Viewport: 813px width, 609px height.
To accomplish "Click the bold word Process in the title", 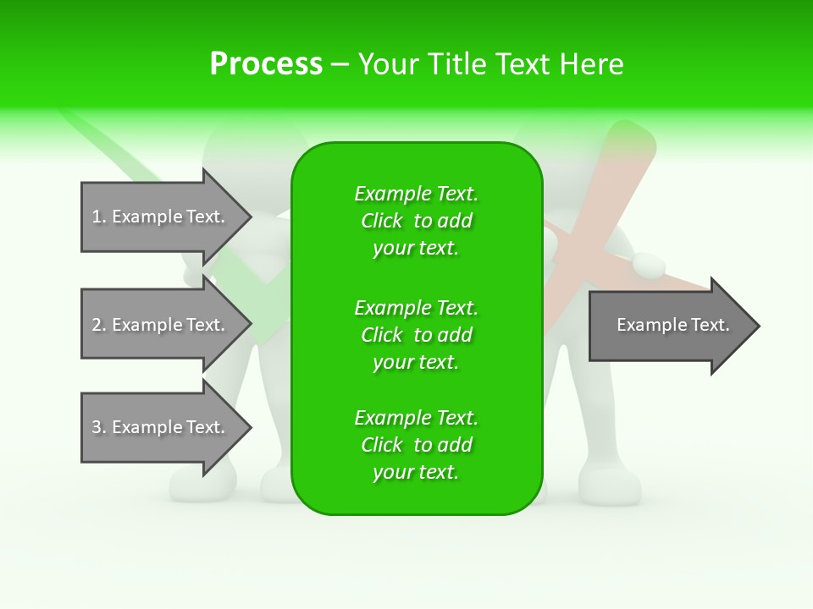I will coord(266,64).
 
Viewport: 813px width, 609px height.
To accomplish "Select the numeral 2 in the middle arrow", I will coord(97,325).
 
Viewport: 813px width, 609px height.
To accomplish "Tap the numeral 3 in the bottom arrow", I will coord(97,427).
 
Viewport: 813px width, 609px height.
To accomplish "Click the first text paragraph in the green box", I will coord(416,221).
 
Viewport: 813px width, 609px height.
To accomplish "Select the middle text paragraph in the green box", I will coord(416,335).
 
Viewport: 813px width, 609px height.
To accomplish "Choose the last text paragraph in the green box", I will coord(416,445).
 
